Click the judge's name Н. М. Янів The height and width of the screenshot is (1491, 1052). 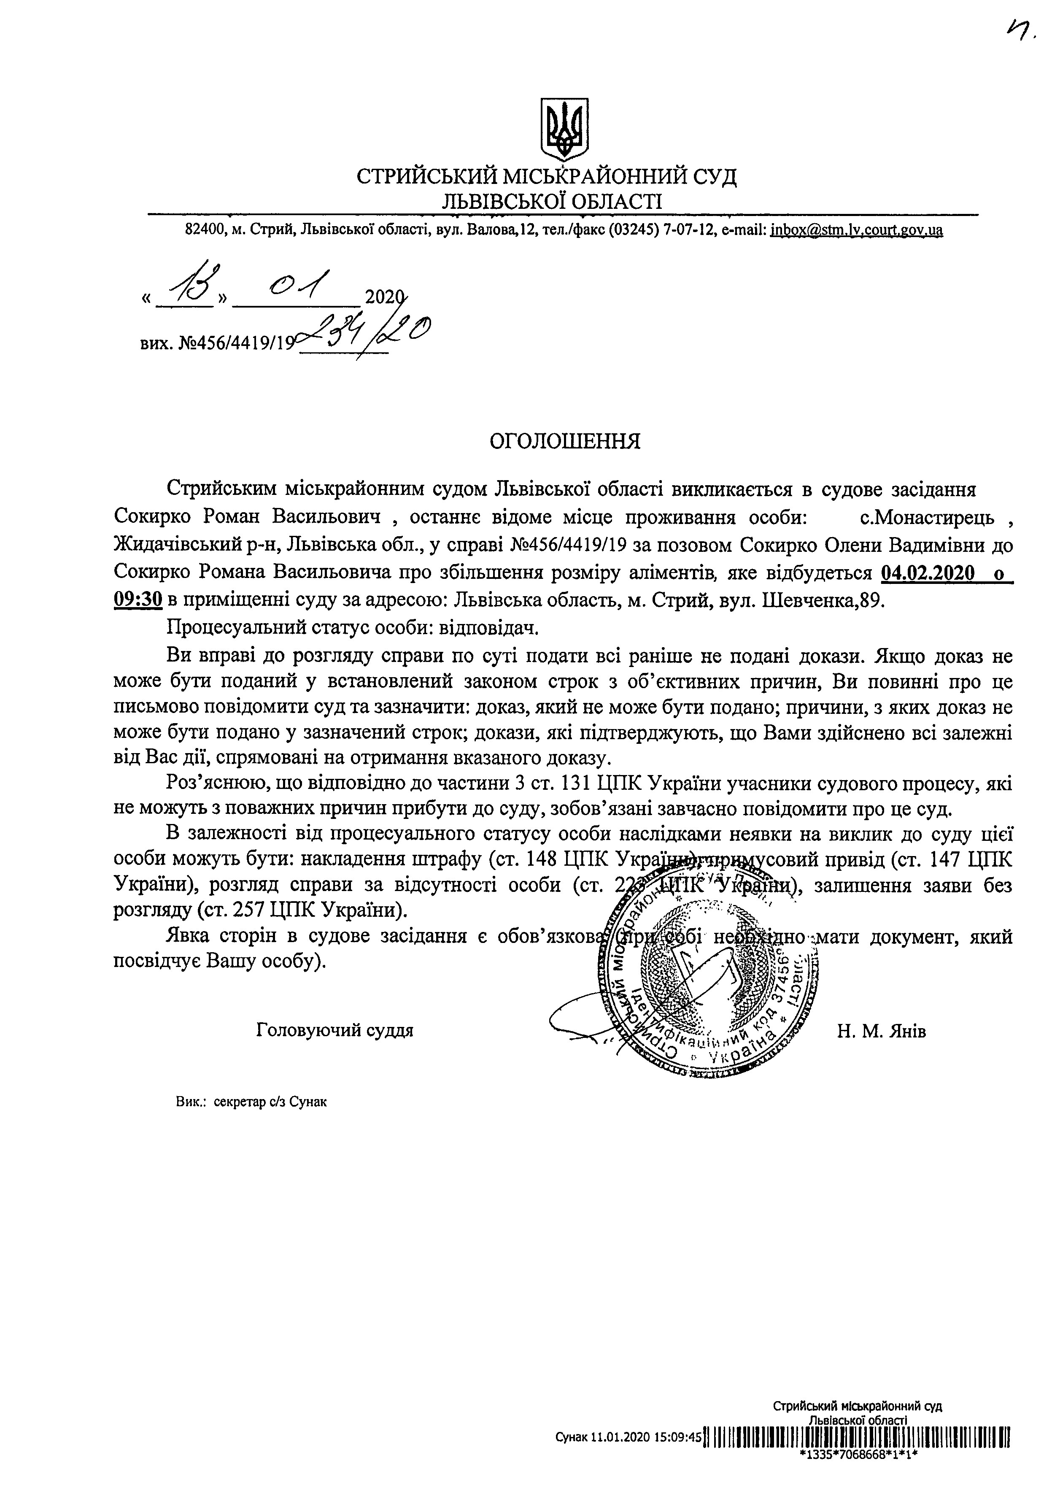click(x=881, y=1031)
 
